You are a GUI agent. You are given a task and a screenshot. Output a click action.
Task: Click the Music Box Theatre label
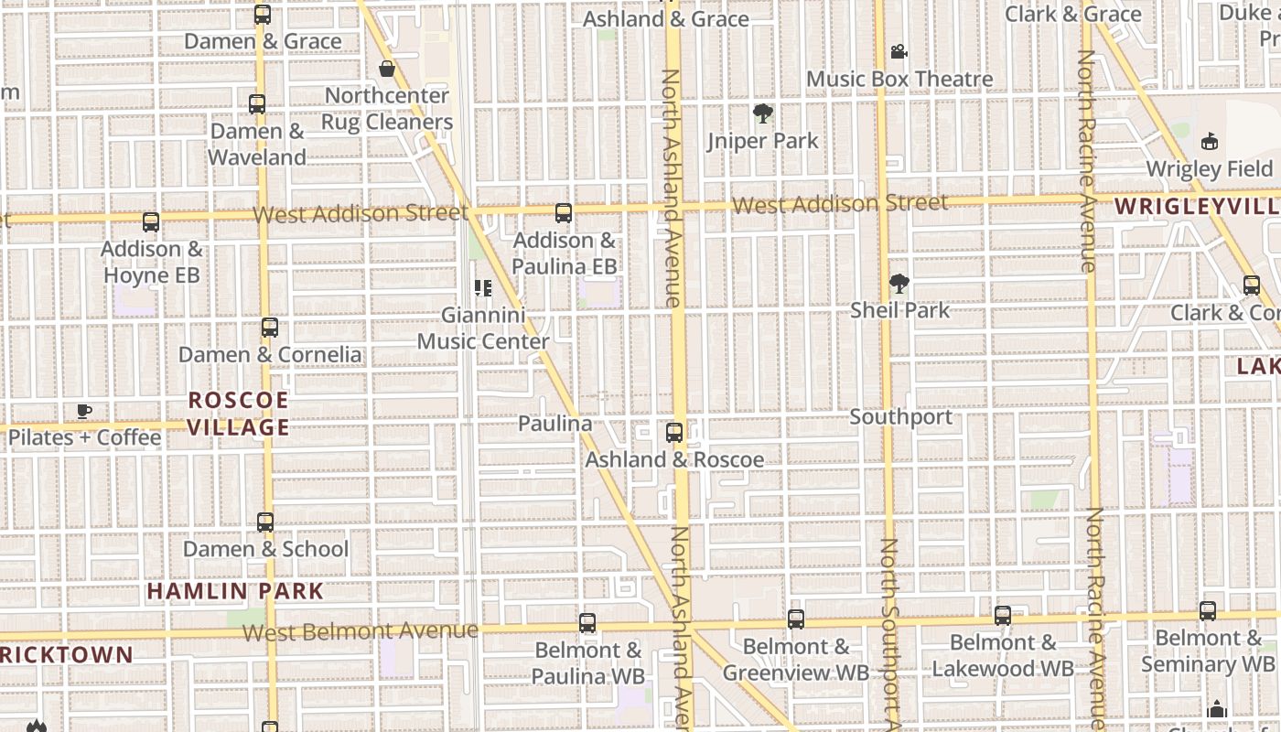tap(899, 80)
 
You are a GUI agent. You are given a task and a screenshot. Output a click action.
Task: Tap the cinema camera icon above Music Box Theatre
tap(899, 52)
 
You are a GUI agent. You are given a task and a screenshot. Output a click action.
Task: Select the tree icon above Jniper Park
tap(762, 113)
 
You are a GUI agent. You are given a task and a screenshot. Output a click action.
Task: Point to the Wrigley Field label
tap(1209, 169)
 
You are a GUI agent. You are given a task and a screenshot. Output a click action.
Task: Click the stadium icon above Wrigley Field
tap(1210, 142)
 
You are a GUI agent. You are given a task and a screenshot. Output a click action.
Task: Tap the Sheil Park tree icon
tap(899, 284)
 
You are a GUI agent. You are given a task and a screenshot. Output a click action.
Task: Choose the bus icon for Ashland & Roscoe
tap(674, 433)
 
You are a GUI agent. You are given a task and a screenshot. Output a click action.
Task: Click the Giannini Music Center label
tap(483, 328)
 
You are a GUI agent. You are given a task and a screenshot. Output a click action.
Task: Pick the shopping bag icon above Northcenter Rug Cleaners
tap(387, 69)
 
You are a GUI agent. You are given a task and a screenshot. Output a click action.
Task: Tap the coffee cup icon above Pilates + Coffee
tap(84, 411)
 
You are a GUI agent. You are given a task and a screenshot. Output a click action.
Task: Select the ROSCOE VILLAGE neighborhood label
tap(239, 414)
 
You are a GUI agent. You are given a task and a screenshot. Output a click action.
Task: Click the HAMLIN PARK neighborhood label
tap(235, 591)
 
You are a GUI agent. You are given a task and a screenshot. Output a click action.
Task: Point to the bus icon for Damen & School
tap(265, 522)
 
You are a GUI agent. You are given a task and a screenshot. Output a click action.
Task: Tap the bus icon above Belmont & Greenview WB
tap(796, 619)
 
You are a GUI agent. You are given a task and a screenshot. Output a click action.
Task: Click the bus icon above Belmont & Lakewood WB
tap(1003, 616)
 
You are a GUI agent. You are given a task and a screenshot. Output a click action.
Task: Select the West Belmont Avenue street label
tap(361, 631)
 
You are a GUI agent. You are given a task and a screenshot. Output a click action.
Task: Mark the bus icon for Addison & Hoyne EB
tap(151, 222)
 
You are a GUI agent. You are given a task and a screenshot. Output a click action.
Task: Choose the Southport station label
tap(900, 417)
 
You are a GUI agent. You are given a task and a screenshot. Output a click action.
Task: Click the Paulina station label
tap(554, 424)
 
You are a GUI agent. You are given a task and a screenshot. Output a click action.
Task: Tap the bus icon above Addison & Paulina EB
tap(564, 213)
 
